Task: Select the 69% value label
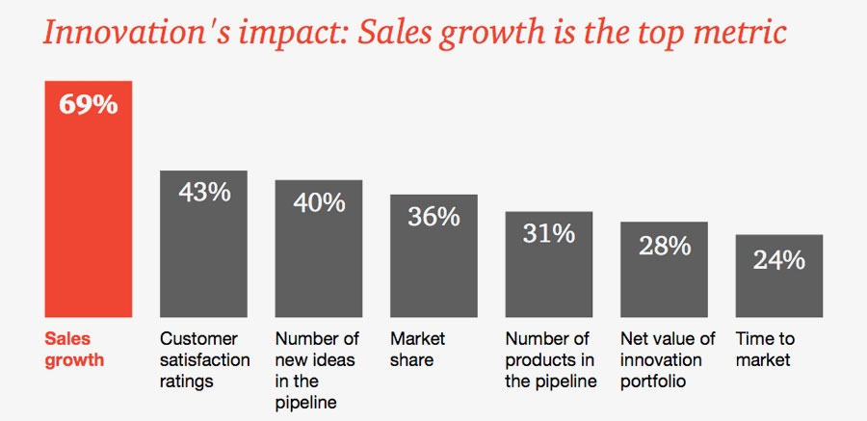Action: (x=89, y=104)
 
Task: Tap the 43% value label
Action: (x=204, y=192)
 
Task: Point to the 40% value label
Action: (x=320, y=202)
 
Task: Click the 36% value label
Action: (x=433, y=217)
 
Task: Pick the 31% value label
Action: (x=549, y=233)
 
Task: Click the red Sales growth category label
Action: (x=74, y=350)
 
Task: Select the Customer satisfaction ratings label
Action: (x=204, y=360)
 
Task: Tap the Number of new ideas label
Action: (x=317, y=371)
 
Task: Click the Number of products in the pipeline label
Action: (x=550, y=360)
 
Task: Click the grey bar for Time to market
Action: (x=778, y=289)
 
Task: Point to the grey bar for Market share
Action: (x=433, y=270)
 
